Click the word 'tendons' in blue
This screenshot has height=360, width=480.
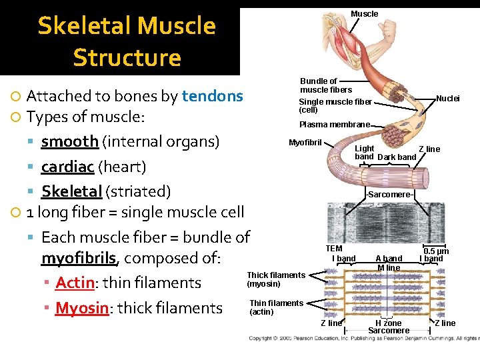click(x=212, y=96)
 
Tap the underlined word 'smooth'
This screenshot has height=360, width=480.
click(x=69, y=141)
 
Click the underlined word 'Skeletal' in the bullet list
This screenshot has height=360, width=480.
click(x=71, y=191)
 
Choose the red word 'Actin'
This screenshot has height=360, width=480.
click(x=75, y=283)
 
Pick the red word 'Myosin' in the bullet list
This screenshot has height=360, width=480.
click(x=81, y=307)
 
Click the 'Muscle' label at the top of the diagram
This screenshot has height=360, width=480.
click(x=364, y=14)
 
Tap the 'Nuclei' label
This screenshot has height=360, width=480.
click(x=447, y=99)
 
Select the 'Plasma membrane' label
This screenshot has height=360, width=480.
click(x=334, y=125)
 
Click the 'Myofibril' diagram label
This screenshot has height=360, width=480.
click(x=305, y=143)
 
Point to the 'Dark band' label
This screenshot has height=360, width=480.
click(x=397, y=157)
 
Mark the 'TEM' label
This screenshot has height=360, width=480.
click(x=334, y=249)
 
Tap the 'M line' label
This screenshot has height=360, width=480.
click(x=389, y=268)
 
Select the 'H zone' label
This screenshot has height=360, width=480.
click(x=388, y=323)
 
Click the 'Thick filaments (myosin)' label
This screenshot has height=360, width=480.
click(x=276, y=279)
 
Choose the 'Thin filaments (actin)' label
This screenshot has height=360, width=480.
click(x=276, y=307)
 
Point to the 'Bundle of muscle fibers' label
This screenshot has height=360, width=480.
click(x=325, y=85)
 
